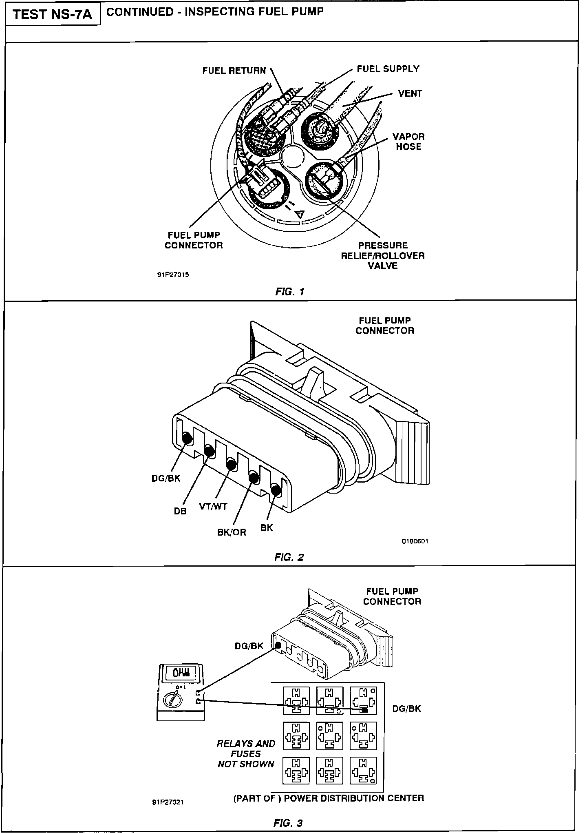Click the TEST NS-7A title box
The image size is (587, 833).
[52, 15]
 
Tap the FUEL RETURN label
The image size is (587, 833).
[234, 71]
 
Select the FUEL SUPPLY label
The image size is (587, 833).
[388, 69]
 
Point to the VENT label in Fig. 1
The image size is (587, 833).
[410, 93]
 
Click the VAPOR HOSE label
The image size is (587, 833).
[408, 142]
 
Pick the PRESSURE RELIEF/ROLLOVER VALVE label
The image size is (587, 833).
[382, 256]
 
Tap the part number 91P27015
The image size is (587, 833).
[173, 275]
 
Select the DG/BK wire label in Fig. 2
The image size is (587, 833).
[166, 479]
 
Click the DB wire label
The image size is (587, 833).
[180, 511]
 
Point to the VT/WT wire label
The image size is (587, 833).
[213, 507]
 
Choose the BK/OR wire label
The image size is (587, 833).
[231, 533]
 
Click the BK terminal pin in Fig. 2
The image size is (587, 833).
[276, 490]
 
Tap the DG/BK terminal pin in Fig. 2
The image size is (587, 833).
[188, 439]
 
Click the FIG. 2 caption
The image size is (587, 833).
[289, 557]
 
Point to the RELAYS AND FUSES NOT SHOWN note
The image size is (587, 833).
[246, 754]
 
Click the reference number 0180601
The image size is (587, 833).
[415, 542]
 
